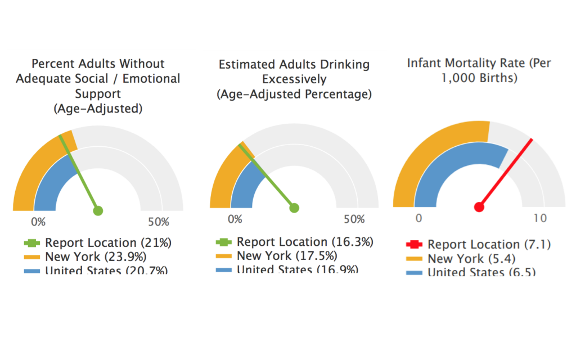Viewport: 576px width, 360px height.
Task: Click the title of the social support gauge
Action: pyautogui.click(x=98, y=85)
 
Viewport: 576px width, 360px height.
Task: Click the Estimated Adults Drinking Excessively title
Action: pyautogui.click(x=294, y=79)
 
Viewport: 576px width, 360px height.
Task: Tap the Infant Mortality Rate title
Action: pyautogui.click(x=479, y=70)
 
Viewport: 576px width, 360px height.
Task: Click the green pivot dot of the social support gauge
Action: pyautogui.click(x=98, y=211)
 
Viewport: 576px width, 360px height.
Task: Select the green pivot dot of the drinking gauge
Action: pyautogui.click(x=294, y=208)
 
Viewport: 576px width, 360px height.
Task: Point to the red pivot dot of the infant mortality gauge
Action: pyautogui.click(x=479, y=207)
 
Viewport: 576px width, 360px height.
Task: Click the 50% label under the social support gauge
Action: pyautogui.click(x=158, y=222)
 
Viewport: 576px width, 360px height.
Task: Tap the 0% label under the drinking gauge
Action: pyautogui.click(x=235, y=219)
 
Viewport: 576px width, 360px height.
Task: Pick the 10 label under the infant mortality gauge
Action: pyautogui.click(x=539, y=218)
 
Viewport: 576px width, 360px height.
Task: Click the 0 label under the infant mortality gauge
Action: pyautogui.click(x=418, y=218)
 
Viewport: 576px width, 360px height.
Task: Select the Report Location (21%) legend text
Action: pyautogui.click(x=108, y=243)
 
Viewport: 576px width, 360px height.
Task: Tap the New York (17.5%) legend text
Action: pyautogui.click(x=287, y=256)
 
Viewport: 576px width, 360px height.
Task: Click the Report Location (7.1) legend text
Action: pyautogui.click(x=489, y=244)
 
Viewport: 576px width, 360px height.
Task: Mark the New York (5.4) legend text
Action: pyautogui.click(x=471, y=259)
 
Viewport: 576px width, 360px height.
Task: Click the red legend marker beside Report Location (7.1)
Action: pyautogui.click(x=413, y=244)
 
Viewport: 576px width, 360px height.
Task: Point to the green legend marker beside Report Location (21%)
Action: pyautogui.click(x=31, y=243)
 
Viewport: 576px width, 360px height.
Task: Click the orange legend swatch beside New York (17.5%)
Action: pyautogui.click(x=224, y=256)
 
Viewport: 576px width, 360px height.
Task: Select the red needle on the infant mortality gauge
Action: pyautogui.click(x=506, y=172)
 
